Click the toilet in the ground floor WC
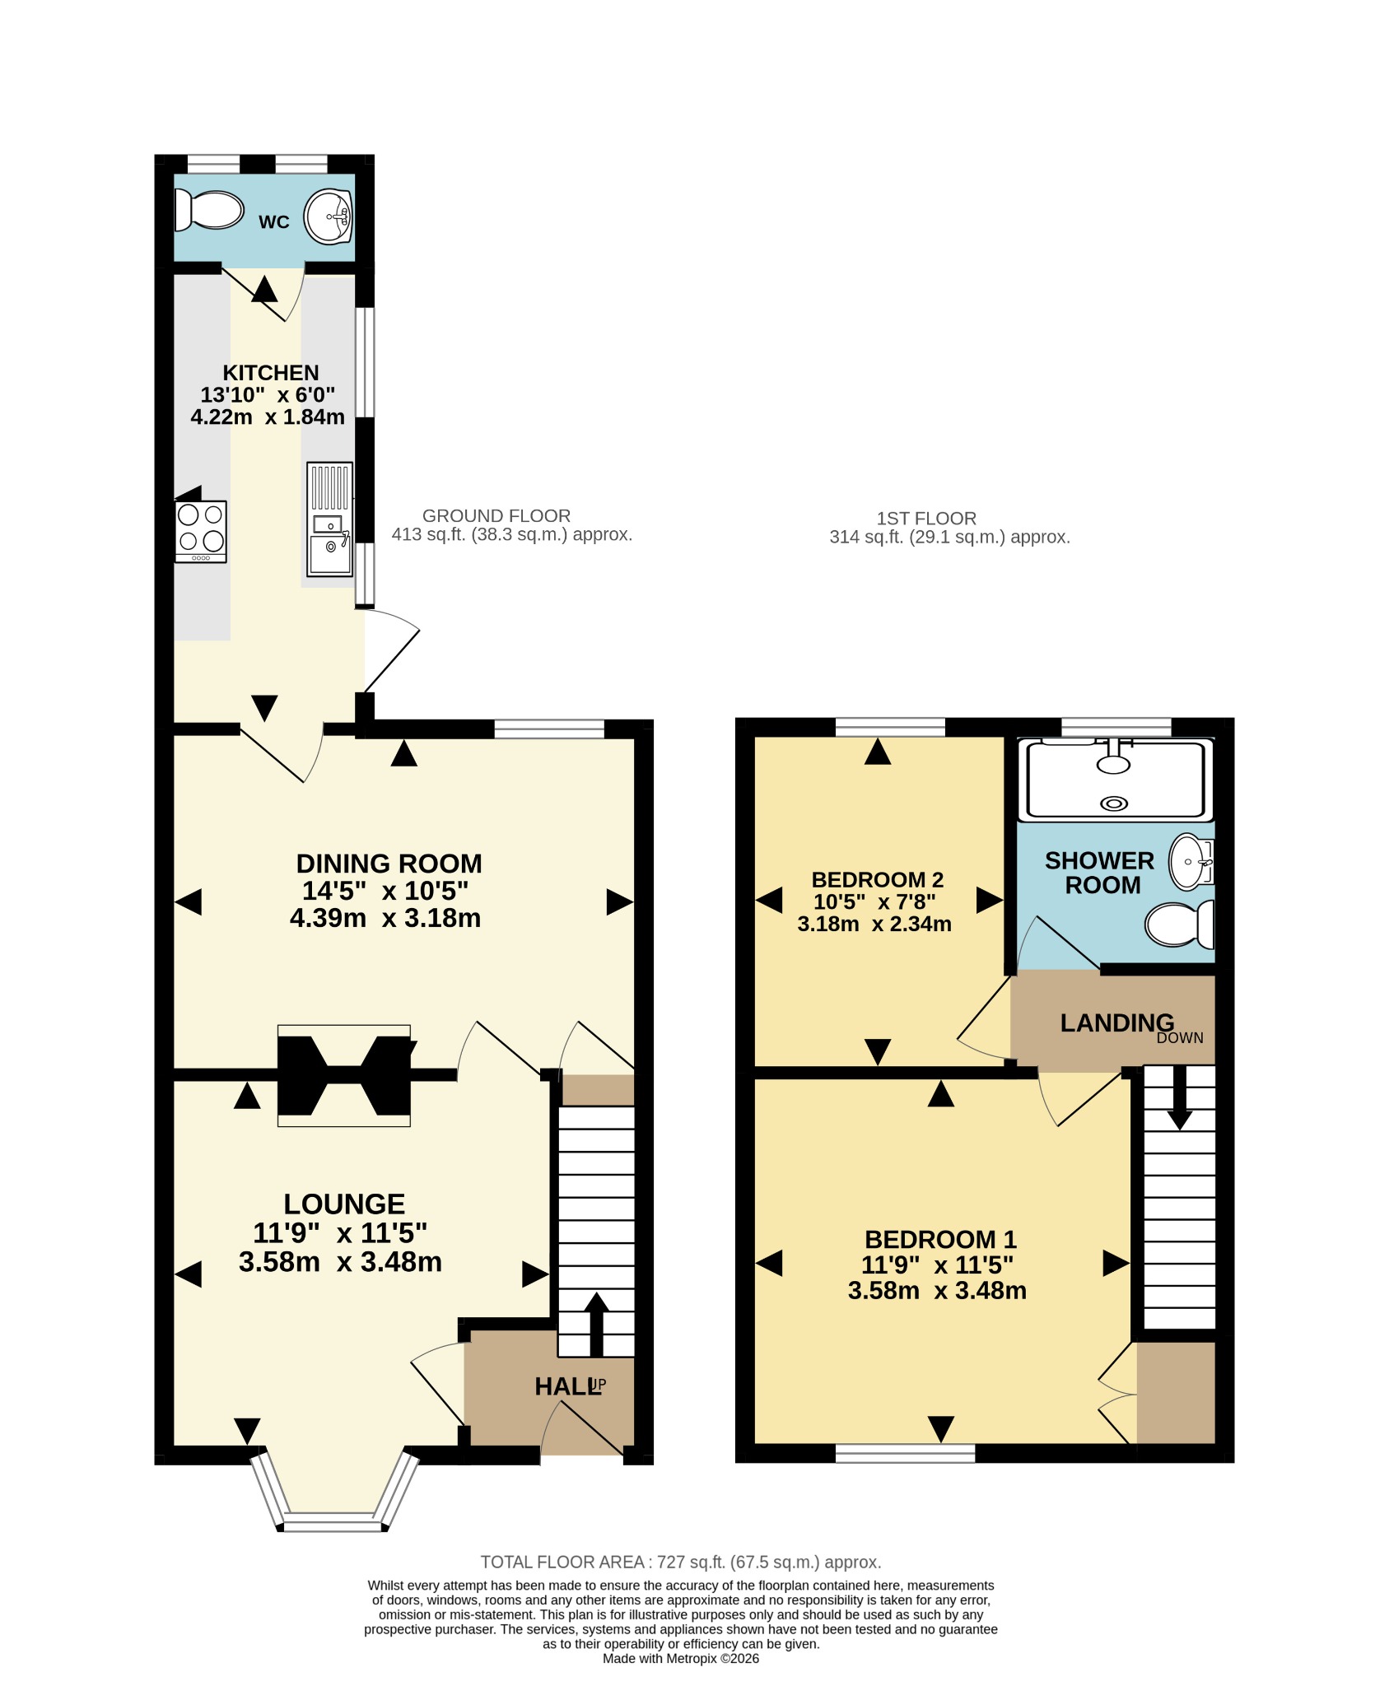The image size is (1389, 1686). tap(209, 211)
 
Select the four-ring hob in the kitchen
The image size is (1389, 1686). tap(201, 531)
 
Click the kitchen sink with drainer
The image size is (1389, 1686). tap(330, 519)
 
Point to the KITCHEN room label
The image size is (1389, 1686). tap(271, 373)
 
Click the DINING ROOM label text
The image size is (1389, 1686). tap(389, 864)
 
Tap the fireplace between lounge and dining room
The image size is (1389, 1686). tap(344, 1075)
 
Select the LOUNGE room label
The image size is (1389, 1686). tap(344, 1204)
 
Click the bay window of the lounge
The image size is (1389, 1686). tap(333, 1494)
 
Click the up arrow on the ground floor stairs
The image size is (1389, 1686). tap(596, 1325)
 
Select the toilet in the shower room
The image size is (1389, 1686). tap(1180, 924)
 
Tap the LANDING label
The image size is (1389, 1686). tap(1116, 1023)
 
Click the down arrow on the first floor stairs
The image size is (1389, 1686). tap(1180, 1098)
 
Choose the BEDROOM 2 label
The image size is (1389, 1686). tap(878, 880)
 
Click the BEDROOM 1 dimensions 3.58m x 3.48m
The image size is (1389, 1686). tap(937, 1291)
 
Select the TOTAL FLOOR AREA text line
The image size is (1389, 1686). tap(681, 1563)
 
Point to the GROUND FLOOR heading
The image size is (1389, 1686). tap(496, 516)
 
